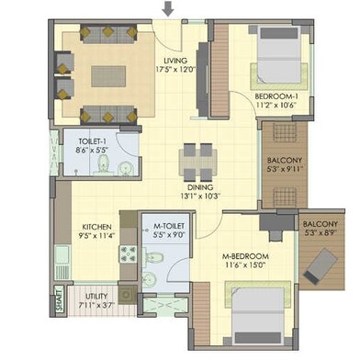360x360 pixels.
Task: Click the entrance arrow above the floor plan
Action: coord(168,8)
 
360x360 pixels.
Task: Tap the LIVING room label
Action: coord(175,61)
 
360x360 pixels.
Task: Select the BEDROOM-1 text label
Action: coord(276,96)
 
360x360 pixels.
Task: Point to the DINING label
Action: coord(201,187)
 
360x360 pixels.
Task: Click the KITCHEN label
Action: coord(96,227)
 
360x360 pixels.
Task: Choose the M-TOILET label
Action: coord(169,226)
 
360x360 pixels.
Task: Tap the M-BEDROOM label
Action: coord(245,256)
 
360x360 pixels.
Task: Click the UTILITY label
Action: coord(96,297)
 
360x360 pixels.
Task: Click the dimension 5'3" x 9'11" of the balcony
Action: coord(285,168)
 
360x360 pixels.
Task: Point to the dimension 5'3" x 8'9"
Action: coord(321,232)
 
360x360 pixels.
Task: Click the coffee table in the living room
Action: coord(108,76)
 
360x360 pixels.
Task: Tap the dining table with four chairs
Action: coord(198,162)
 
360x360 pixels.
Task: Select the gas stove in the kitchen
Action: coord(129,254)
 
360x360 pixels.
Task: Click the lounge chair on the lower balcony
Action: coord(321,265)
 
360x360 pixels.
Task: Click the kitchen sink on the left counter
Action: coord(62,255)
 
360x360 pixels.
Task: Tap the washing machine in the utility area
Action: coord(127,295)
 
